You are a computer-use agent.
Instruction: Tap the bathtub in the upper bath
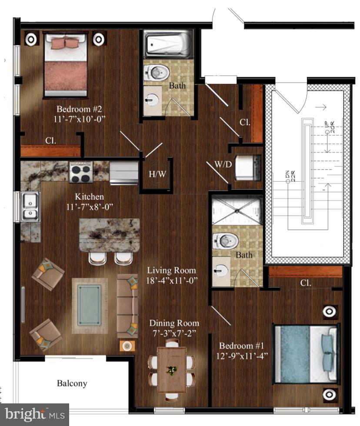(x=167, y=45)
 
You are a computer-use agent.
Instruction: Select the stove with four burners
(x=81, y=172)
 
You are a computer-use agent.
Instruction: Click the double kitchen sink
(x=30, y=206)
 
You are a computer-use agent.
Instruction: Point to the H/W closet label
(x=157, y=174)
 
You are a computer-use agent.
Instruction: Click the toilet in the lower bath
(x=226, y=240)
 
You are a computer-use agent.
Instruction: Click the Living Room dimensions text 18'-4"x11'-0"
(x=172, y=281)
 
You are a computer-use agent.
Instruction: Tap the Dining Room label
(x=174, y=323)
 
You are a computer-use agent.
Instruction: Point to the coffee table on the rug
(x=90, y=305)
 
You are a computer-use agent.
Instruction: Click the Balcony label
(x=72, y=383)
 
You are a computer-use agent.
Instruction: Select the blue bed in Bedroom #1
(x=304, y=353)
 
